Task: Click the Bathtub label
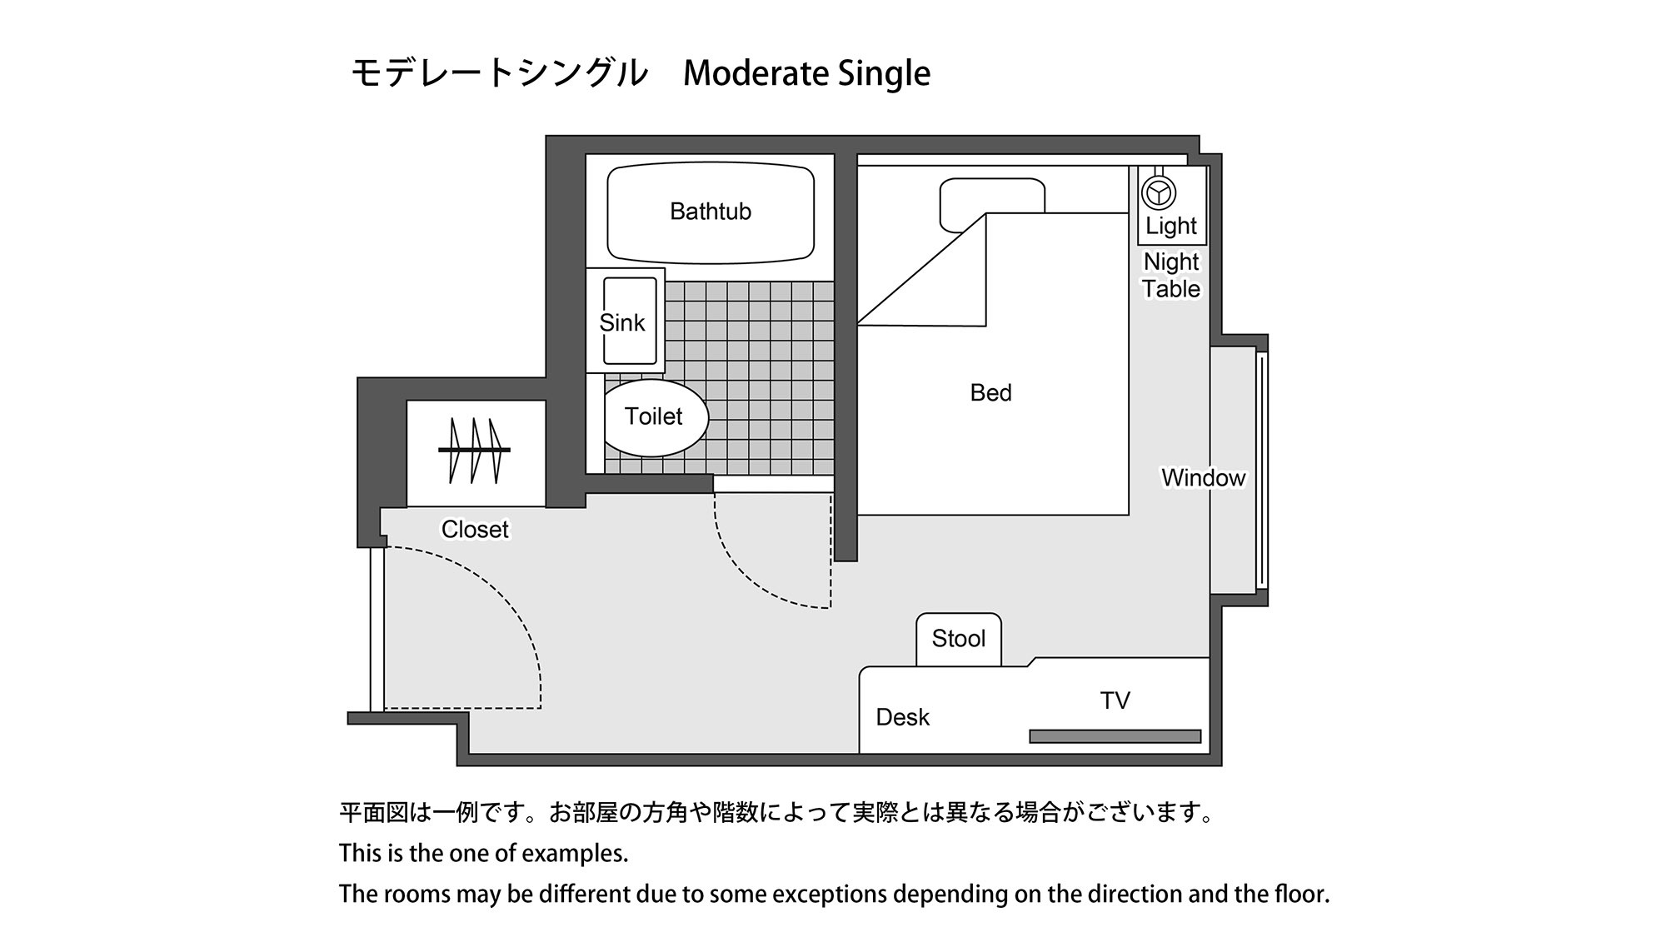tap(710, 212)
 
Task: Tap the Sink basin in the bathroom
tap(630, 321)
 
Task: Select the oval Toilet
tap(655, 417)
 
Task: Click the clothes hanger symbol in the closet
tap(474, 451)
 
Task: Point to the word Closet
tap(475, 530)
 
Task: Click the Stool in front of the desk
tap(959, 639)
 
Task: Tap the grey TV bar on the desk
tap(1115, 736)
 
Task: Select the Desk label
tap(902, 717)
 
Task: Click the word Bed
tap(990, 393)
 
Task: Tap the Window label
tap(1203, 478)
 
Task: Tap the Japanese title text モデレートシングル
tap(498, 73)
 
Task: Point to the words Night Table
tap(1170, 275)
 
